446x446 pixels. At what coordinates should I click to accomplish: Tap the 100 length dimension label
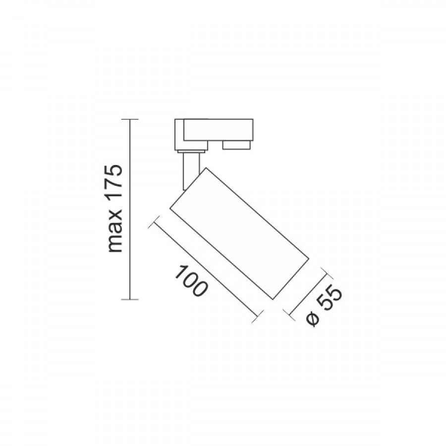coord(190,281)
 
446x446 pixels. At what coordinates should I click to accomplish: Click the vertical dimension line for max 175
coord(130,209)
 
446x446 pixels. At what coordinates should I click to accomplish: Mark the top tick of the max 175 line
coord(130,119)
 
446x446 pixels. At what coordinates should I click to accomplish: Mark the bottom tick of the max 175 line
coord(130,299)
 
